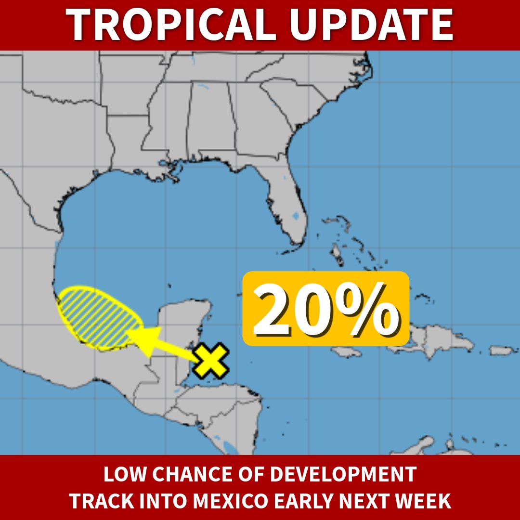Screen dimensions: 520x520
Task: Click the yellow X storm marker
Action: coord(210,361)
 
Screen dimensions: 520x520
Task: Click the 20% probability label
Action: coord(325,309)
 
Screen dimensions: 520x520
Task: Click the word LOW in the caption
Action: coord(121,475)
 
